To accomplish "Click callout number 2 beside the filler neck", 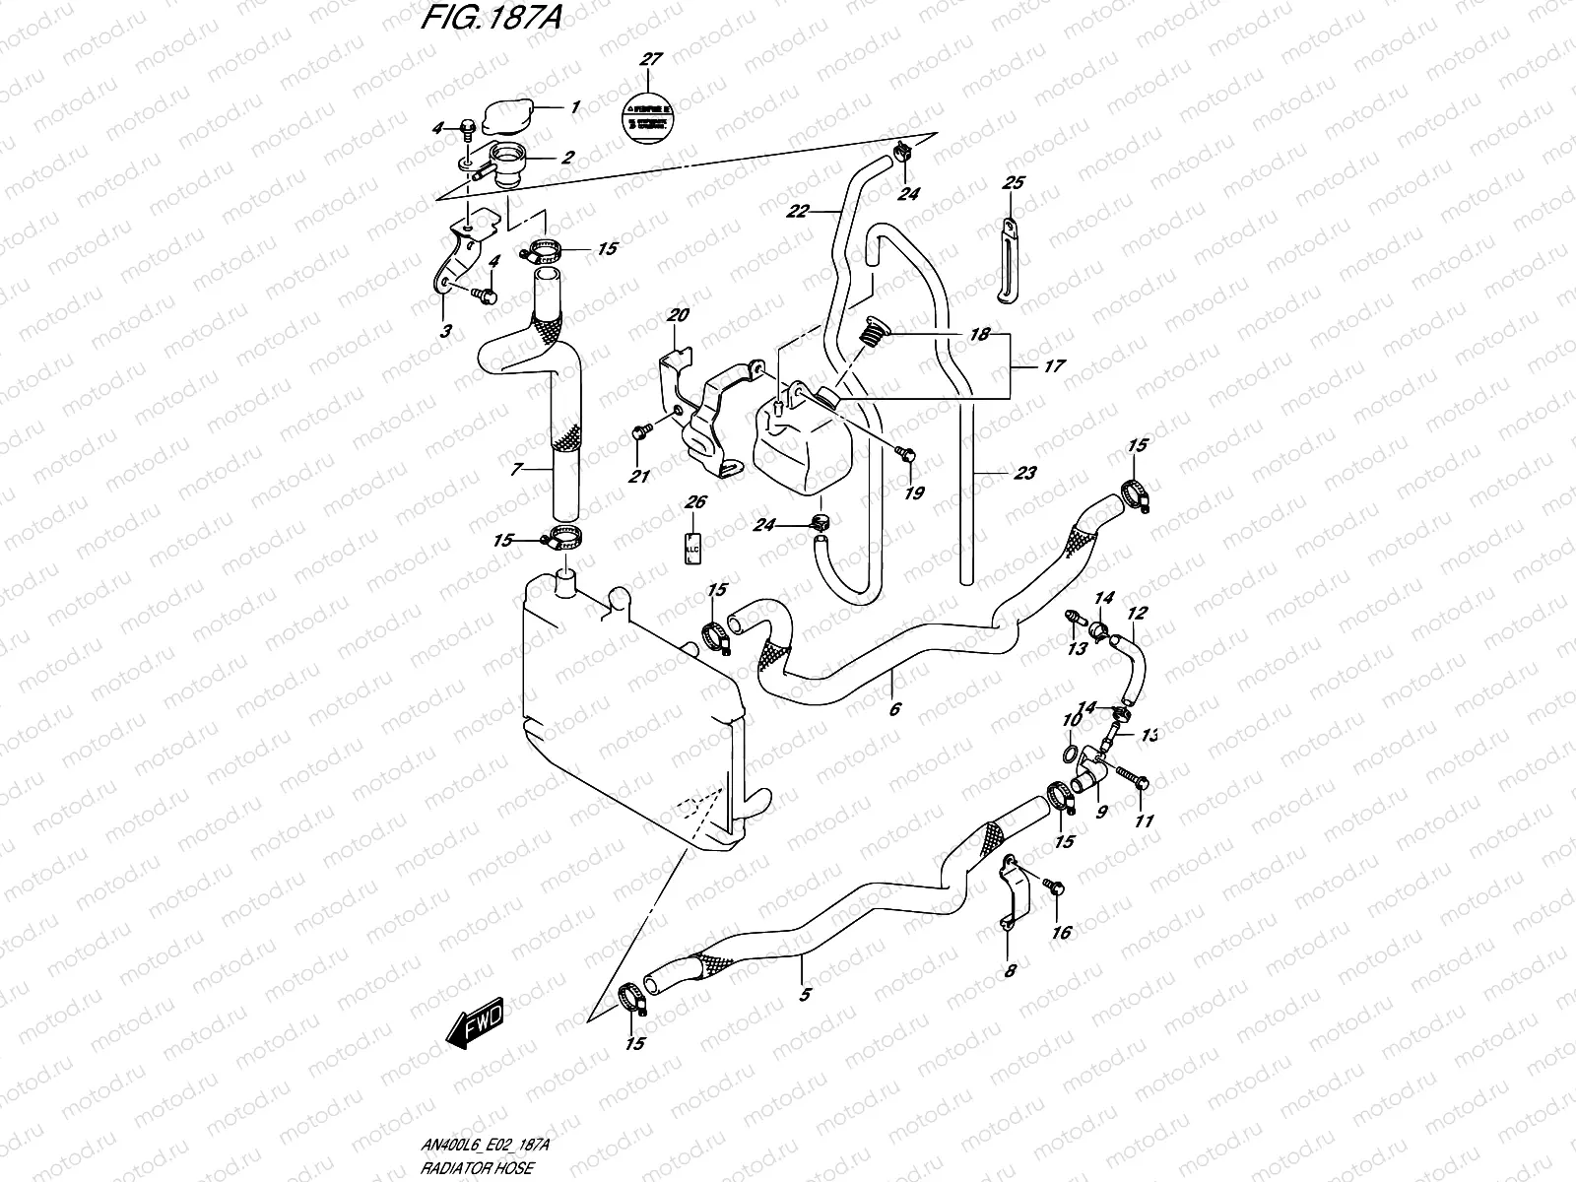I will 568,158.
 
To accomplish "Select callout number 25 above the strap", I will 1013,183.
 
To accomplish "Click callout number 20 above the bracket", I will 678,315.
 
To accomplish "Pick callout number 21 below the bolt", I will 640,478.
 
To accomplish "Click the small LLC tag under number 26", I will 691,546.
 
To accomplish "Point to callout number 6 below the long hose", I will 894,708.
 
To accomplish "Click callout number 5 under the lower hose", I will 805,995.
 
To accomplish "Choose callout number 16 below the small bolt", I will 1061,932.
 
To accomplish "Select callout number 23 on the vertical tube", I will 1024,473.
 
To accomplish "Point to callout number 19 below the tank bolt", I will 914,492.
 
